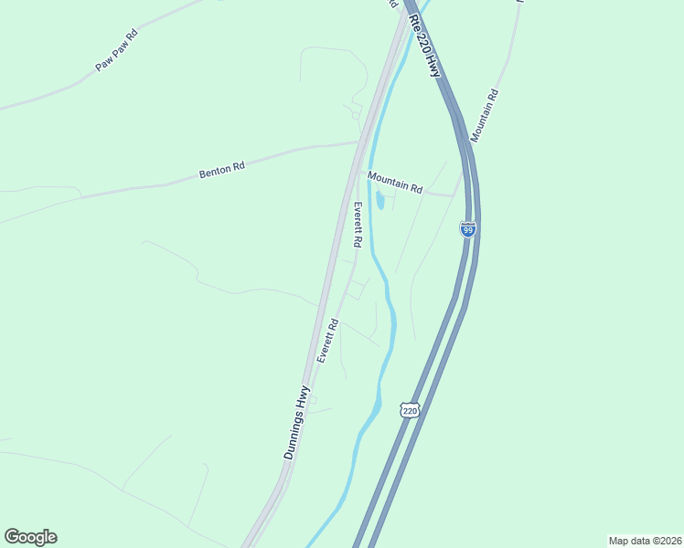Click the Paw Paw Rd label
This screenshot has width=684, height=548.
pyautogui.click(x=116, y=50)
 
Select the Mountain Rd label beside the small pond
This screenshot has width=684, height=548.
pyautogui.click(x=395, y=183)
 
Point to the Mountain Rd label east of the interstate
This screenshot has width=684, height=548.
pyautogui.click(x=484, y=115)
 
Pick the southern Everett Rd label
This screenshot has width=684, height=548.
pyautogui.click(x=328, y=341)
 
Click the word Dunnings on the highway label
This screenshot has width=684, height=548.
pyautogui.click(x=291, y=437)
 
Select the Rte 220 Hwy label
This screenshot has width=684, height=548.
pyautogui.click(x=425, y=44)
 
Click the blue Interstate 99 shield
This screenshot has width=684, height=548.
pyautogui.click(x=468, y=229)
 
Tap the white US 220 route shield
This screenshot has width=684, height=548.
pyautogui.click(x=409, y=410)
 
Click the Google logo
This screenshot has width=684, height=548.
pyautogui.click(x=30, y=537)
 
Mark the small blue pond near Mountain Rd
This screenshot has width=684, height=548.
pyautogui.click(x=379, y=200)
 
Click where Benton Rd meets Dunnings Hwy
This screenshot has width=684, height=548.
pyautogui.click(x=358, y=142)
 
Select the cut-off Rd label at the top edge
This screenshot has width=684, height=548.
pyautogui.click(x=393, y=5)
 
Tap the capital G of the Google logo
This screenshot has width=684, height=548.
pyautogui.click(x=12, y=537)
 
